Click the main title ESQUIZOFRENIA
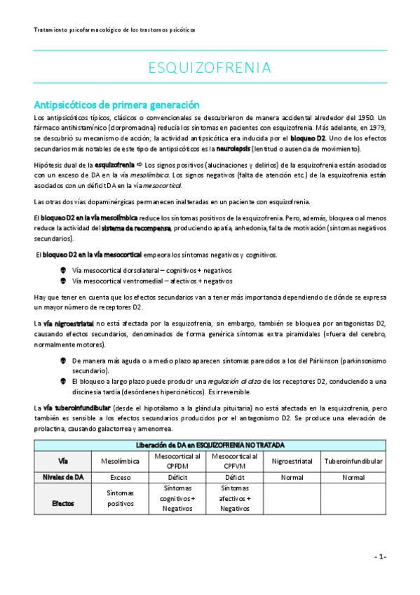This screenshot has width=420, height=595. [210, 68]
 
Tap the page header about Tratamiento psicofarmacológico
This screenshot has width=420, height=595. [114, 30]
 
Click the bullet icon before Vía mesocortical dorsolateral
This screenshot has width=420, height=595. [65, 270]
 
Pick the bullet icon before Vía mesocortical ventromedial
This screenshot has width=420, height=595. [65, 281]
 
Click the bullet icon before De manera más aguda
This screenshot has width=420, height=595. [65, 360]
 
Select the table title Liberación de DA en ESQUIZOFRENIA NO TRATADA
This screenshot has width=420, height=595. [210, 445]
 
